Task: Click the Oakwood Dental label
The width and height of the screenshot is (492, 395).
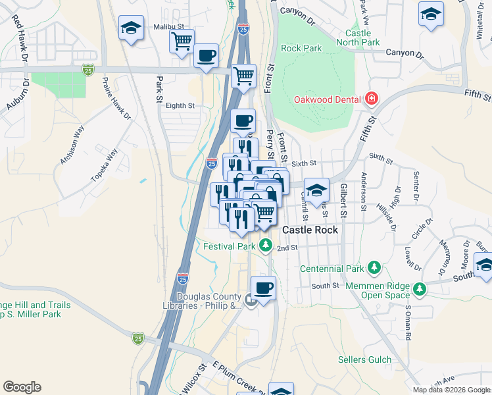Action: (328, 99)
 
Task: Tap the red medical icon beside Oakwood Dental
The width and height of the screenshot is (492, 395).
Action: (372, 99)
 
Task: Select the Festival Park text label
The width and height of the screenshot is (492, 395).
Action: (229, 246)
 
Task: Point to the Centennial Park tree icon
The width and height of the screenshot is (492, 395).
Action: (374, 268)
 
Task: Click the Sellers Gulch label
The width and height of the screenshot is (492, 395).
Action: (364, 360)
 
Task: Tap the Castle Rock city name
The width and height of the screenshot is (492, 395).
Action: (310, 230)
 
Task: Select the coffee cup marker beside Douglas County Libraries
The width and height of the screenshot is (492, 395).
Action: (263, 288)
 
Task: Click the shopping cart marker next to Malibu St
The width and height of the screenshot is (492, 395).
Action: (182, 41)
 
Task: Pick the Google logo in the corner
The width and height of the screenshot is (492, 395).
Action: (22, 387)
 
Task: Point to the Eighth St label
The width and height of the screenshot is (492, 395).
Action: (180, 105)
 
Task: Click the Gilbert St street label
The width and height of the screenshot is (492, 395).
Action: (342, 201)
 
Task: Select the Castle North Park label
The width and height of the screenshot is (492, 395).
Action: (363, 38)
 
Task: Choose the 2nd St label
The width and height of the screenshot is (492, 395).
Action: (287, 248)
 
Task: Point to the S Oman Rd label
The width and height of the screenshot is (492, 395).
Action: (408, 322)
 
